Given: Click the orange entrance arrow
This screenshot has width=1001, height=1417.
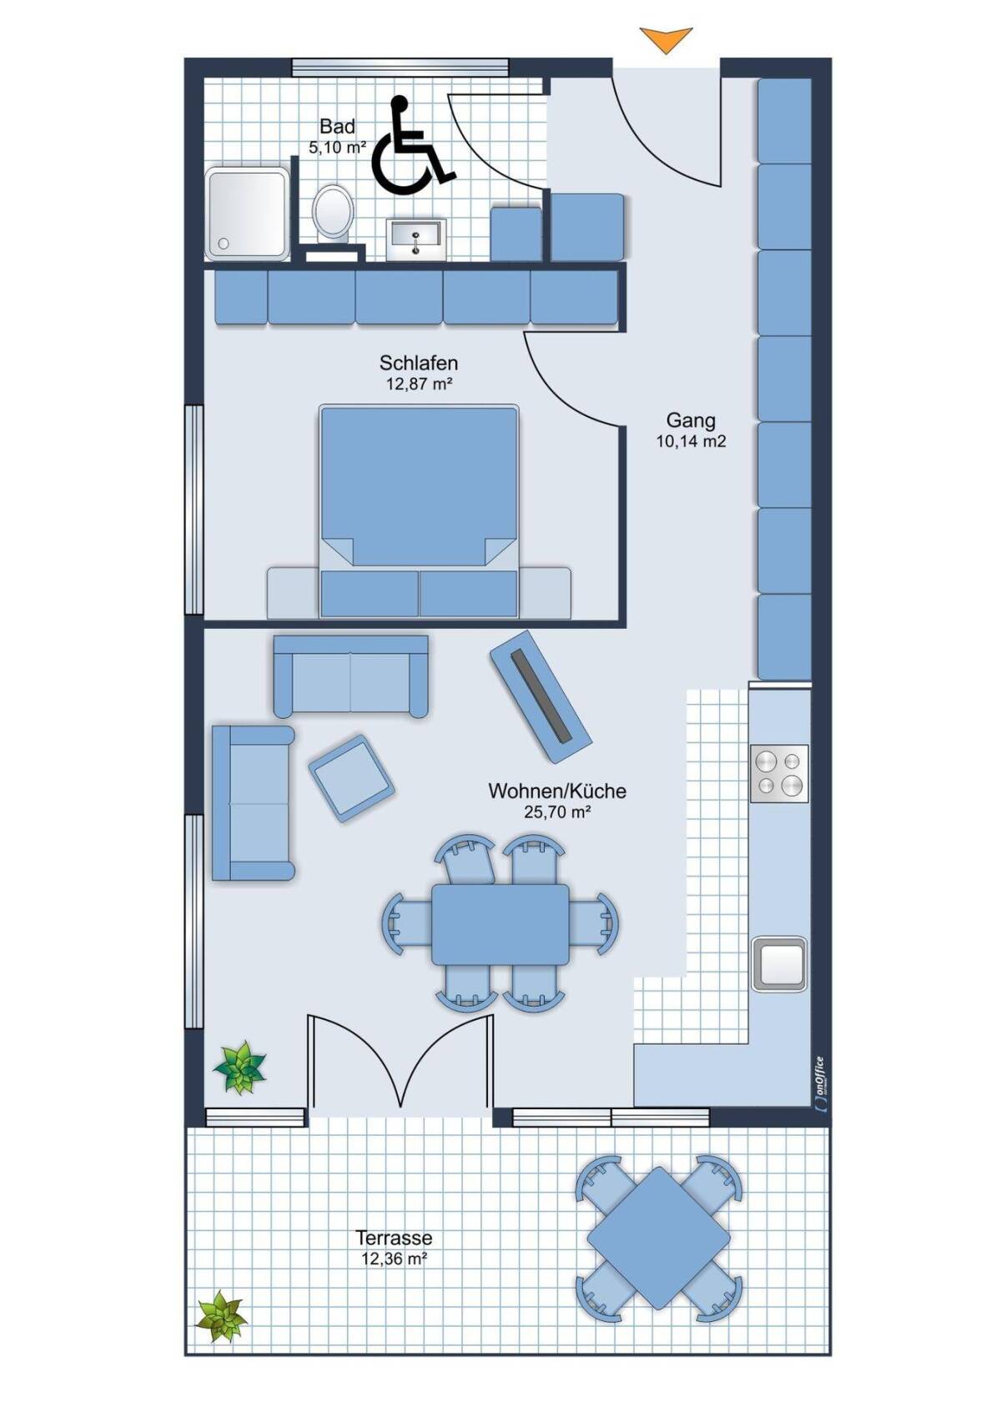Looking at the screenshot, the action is pyautogui.click(x=666, y=40).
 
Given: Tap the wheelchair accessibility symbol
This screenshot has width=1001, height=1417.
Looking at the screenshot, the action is pyautogui.click(x=410, y=145).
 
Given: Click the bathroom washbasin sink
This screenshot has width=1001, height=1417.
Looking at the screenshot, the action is pyautogui.click(x=416, y=239).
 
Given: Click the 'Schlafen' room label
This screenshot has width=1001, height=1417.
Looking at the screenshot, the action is pyautogui.click(x=418, y=363).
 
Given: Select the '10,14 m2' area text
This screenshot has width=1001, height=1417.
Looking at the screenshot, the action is pyautogui.click(x=691, y=441).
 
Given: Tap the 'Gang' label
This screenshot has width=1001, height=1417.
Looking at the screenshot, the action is pyautogui.click(x=691, y=420).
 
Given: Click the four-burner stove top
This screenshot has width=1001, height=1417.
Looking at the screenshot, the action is pyautogui.click(x=779, y=773).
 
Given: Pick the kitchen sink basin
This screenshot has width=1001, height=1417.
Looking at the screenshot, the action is pyautogui.click(x=779, y=963).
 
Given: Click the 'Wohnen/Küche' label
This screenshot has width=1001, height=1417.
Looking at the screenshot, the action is pyautogui.click(x=557, y=791).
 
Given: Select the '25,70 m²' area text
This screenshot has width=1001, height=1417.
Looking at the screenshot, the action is pyautogui.click(x=557, y=812).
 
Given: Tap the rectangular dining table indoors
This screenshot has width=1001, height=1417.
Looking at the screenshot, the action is pyautogui.click(x=500, y=924).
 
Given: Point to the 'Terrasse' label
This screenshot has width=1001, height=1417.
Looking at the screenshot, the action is pyautogui.click(x=394, y=1238).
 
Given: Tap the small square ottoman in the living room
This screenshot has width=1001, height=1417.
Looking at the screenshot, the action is pyautogui.click(x=351, y=778).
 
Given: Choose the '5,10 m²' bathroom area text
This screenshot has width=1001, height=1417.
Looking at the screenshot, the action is pyautogui.click(x=337, y=148).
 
